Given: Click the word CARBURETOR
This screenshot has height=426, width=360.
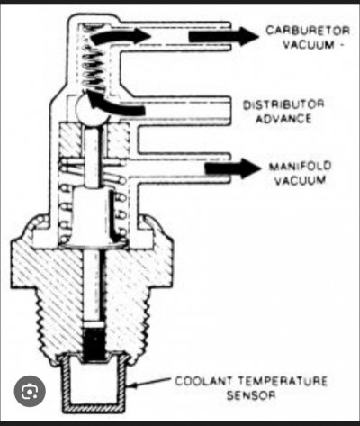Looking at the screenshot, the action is coord(308,31).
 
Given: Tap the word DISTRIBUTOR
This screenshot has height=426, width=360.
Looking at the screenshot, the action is coord(283,104).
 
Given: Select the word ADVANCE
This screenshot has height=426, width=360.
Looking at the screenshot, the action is coord(283,119).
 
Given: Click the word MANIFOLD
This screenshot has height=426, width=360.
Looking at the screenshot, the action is coord(300,167).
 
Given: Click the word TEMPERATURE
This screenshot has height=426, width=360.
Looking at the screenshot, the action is coord(283,381).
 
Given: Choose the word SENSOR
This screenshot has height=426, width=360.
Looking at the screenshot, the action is coord(251,394).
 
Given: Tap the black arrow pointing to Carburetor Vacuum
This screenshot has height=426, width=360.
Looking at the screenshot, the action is coord(223,36).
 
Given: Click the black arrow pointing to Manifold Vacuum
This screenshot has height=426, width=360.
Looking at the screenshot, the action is coord(232,168).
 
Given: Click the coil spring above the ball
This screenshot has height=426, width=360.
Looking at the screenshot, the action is coord(94,58).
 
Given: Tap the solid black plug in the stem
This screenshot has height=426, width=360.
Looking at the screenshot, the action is coord(94,344).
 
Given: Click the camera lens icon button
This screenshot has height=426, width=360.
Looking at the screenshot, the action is coord(30,391).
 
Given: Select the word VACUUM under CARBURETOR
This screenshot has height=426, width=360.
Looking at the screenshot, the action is coord(309,45).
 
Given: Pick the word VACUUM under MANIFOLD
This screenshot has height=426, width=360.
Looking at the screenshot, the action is coord(301,181).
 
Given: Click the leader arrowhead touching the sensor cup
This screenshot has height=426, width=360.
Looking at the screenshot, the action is coord(132,385).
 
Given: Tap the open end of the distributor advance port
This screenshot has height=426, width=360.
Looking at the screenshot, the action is coord(230,111).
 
